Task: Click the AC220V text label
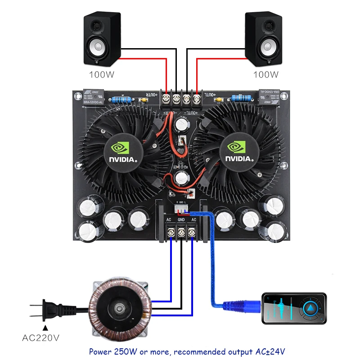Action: pyautogui.click(x=43, y=337)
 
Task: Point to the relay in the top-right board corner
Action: pyautogui.click(x=270, y=97)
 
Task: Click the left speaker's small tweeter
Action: pyautogui.click(x=96, y=26)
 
